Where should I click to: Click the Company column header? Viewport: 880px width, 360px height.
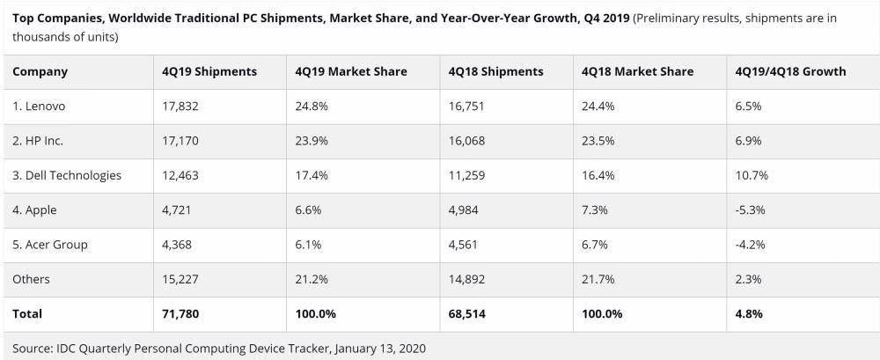click(40, 71)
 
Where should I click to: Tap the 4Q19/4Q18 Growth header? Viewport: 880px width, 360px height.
click(789, 71)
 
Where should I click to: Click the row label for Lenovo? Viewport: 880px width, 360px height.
click(39, 106)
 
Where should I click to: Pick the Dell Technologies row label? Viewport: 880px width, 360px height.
click(67, 175)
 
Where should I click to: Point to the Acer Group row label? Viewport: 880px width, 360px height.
click(50, 245)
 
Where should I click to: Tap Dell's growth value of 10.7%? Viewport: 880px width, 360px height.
click(752, 175)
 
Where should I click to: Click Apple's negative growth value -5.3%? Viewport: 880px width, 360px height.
click(750, 210)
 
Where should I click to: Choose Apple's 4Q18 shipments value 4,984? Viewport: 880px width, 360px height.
click(466, 210)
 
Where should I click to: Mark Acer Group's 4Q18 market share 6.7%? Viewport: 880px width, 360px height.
click(596, 245)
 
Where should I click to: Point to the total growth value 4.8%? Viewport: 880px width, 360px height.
click(749, 313)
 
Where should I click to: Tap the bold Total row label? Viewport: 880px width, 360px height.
click(27, 313)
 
